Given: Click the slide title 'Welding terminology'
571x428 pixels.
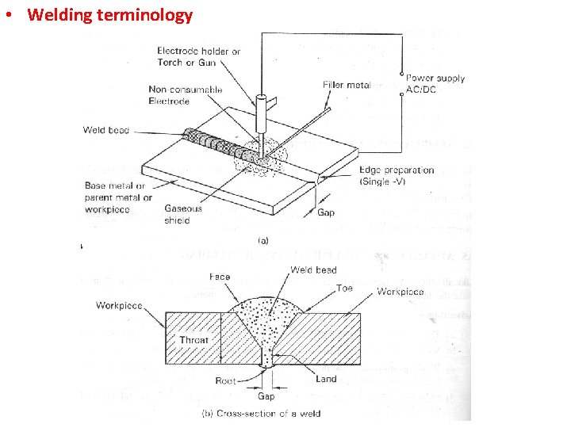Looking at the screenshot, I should tap(109, 15).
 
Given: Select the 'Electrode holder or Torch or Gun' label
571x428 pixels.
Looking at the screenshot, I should tap(198, 56).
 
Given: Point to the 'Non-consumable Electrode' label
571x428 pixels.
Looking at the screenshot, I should tap(186, 96).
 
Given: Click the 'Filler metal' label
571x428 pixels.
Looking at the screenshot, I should tap(347, 85).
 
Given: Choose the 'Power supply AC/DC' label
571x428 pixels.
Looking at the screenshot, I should tap(435, 84).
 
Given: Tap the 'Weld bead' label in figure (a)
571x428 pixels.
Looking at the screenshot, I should tap(105, 130).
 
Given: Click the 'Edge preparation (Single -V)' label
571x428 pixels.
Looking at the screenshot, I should tap(397, 175).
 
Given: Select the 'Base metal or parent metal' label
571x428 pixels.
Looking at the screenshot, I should tap(118, 197).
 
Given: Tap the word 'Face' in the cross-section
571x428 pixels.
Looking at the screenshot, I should tap(220, 277).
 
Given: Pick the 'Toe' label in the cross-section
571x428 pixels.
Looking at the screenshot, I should tap(344, 289).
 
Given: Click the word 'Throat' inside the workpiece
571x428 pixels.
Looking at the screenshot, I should tap(194, 340).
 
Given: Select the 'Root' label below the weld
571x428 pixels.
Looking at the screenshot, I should tap(225, 381).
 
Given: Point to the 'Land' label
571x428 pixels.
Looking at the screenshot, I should tap(326, 379).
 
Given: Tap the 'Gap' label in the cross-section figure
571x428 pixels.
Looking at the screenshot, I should tap(266, 396).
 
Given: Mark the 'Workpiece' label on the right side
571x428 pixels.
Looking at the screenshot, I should tap(400, 292).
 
